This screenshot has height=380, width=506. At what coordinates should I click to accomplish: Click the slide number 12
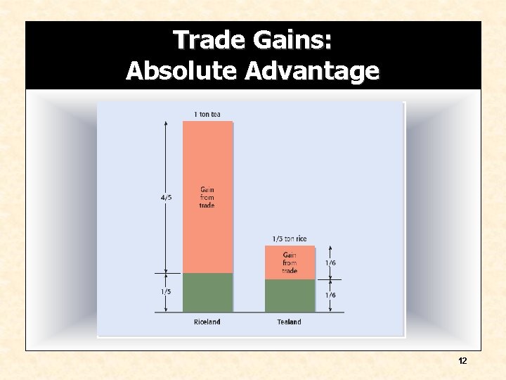pyautogui.click(x=462, y=361)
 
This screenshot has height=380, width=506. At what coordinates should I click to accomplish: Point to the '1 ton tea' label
pyautogui.click(x=207, y=115)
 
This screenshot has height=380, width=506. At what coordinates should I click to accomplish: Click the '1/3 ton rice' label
pyautogui.click(x=290, y=239)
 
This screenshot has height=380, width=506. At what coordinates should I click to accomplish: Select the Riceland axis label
pyautogui.click(x=207, y=322)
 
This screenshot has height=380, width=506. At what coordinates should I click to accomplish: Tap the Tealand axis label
pyautogui.click(x=289, y=322)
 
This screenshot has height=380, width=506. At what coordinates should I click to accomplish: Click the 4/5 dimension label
pyautogui.click(x=166, y=198)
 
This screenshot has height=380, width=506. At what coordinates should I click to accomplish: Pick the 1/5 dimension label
pyautogui.click(x=166, y=291)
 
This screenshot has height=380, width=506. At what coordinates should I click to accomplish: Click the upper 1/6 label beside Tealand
pyautogui.click(x=330, y=262)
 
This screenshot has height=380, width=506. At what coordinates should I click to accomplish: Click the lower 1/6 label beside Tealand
pyautogui.click(x=330, y=295)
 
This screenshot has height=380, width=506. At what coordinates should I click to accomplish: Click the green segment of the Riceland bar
pyautogui.click(x=207, y=292)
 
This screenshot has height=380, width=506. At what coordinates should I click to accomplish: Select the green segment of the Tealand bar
pyautogui.click(x=290, y=296)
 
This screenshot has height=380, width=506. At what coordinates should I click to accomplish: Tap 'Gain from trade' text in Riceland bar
pyautogui.click(x=207, y=197)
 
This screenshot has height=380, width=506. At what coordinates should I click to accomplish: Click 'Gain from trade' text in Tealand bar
pyautogui.click(x=290, y=262)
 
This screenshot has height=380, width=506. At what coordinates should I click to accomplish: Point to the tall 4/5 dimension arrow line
pyautogui.click(x=165, y=162)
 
